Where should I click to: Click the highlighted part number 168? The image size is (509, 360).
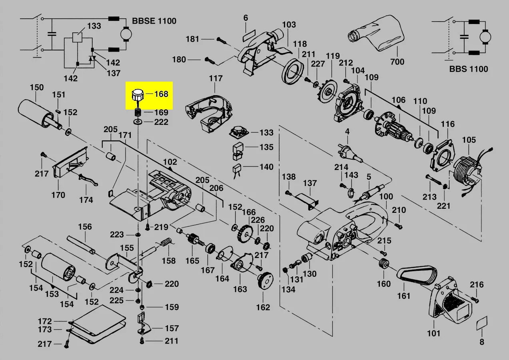click(x=161, y=94)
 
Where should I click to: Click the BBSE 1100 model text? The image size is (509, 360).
click(x=154, y=21)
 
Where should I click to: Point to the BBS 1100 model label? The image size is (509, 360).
click(x=468, y=69)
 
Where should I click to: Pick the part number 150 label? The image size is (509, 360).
click(x=37, y=88)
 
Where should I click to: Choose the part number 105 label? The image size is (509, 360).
click(x=469, y=140)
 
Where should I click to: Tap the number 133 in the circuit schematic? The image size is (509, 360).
click(x=94, y=26)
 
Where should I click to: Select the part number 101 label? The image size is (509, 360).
click(x=433, y=333)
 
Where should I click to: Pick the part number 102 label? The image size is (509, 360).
click(x=170, y=162)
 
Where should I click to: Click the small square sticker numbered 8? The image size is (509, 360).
click(x=482, y=324)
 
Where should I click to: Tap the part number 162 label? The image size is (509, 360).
click(x=263, y=307)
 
